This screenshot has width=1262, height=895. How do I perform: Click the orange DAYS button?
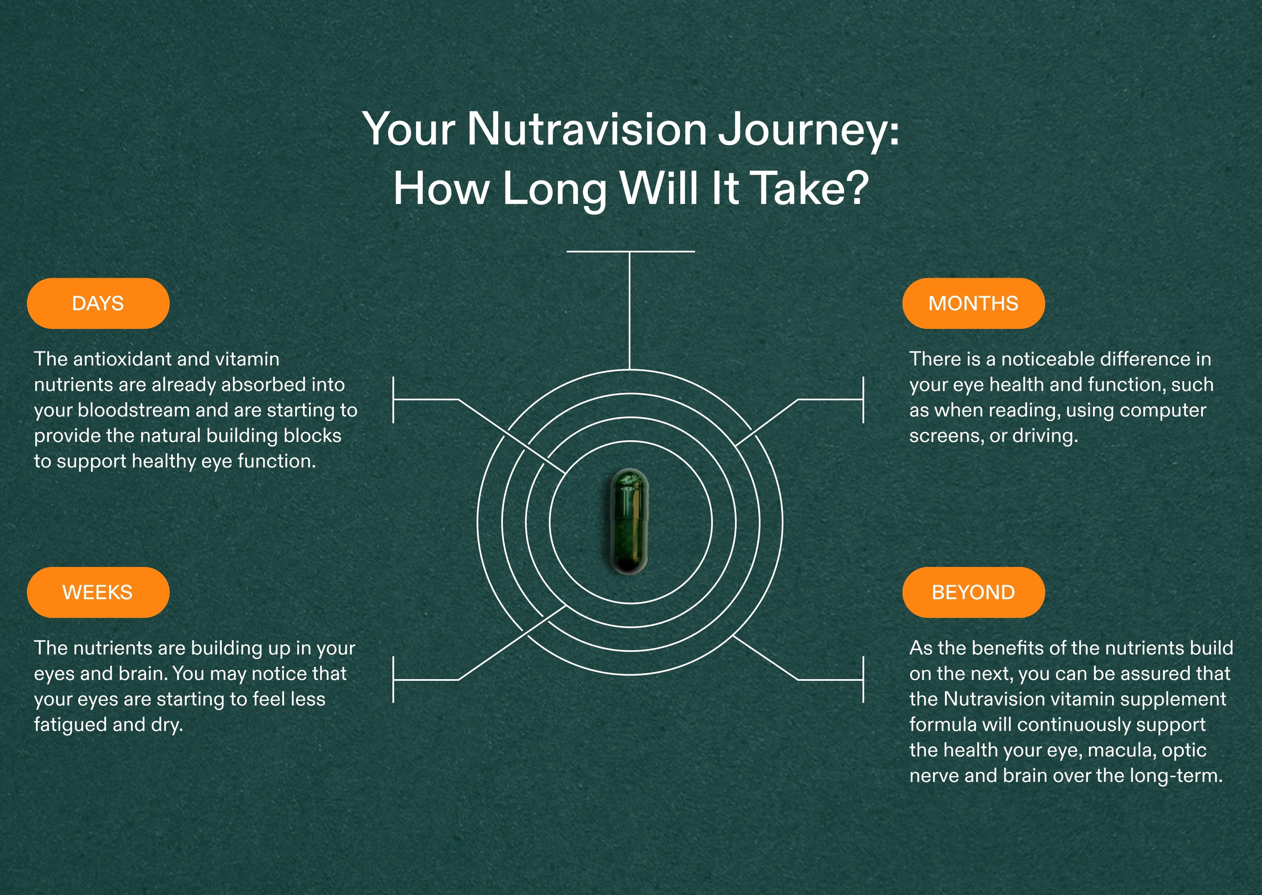coord(98,303)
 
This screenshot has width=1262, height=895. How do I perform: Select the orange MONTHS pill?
coord(973,303)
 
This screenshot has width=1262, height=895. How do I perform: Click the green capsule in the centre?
coord(629,521)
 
